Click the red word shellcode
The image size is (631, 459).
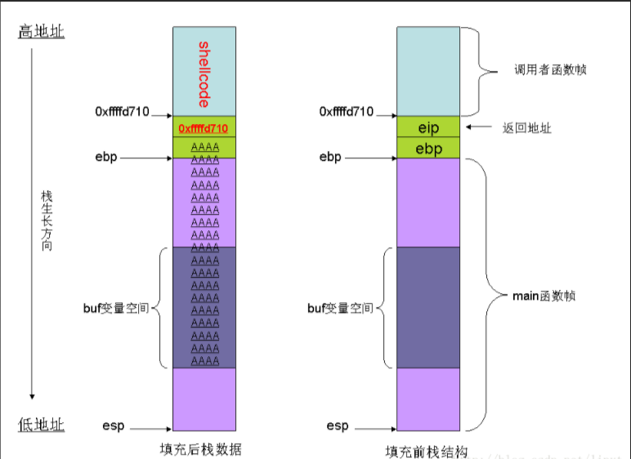point(204,74)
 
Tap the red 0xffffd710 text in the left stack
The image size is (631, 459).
point(204,128)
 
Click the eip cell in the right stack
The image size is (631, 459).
point(428,128)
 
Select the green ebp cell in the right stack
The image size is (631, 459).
point(428,149)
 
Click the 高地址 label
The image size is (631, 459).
point(42,32)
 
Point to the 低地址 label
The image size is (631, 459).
point(42,425)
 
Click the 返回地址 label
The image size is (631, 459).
point(526,128)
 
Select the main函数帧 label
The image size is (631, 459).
point(544,295)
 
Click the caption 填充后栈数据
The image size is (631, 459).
point(201,449)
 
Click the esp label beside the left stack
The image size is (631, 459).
point(114,426)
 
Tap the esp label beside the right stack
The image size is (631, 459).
point(338,426)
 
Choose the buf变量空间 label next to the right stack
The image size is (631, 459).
point(340,308)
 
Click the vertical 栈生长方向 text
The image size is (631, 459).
point(47,221)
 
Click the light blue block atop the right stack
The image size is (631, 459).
point(428,70)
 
